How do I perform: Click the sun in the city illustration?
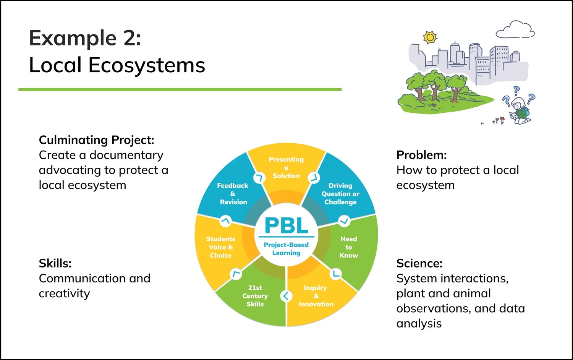[430, 37]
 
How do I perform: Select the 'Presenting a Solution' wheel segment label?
[286, 167]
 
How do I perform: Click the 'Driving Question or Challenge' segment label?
[340, 194]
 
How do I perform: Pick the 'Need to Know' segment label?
[349, 247]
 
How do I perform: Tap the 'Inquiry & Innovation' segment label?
[316, 296]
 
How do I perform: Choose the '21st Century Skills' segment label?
[255, 296]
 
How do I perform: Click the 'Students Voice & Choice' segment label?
[221, 247]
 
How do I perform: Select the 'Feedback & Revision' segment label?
[233, 194]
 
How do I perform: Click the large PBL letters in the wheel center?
[286, 225]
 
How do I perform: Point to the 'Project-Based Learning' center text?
[286, 249]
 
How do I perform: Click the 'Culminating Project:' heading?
[96, 140]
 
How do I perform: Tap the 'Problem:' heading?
[421, 155]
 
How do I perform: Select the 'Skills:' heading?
[55, 263]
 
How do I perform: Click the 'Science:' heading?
[419, 263]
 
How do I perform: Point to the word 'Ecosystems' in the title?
[147, 65]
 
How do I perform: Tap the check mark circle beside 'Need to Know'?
[344, 221]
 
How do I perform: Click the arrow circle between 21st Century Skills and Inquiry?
[286, 296]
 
